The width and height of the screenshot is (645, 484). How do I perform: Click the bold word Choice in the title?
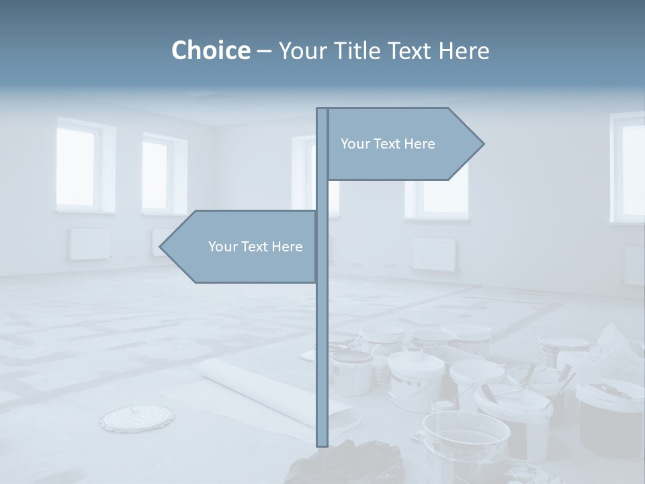tap(210, 50)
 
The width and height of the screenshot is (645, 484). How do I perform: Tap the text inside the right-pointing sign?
tap(388, 144)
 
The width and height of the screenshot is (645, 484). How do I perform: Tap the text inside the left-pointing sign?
tap(255, 247)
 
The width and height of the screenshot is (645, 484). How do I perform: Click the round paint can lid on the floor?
tap(137, 418)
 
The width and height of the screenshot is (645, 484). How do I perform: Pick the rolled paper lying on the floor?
tap(269, 390)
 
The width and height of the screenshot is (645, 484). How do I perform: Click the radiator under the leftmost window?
tap(89, 244)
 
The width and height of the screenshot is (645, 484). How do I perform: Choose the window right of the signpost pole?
tap(437, 195)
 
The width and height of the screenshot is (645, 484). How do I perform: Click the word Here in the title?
tap(464, 50)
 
